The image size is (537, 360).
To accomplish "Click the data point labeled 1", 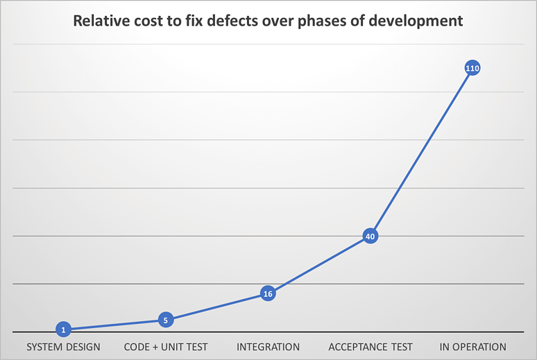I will tap(63, 329).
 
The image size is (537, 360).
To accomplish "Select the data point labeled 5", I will tap(165, 320).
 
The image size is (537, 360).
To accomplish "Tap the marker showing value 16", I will tap(268, 293).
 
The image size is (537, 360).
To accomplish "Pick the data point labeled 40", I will tap(370, 237).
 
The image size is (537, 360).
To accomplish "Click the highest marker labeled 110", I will tap(472, 68).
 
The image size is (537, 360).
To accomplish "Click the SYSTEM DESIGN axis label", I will tap(63, 347).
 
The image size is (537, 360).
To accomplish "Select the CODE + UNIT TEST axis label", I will tap(165, 347).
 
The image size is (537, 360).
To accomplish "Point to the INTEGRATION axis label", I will tap(268, 347).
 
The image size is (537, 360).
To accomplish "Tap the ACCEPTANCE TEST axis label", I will tap(370, 347).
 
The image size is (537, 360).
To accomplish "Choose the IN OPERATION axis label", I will tap(472, 347).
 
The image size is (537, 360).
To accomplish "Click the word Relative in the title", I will tap(100, 21).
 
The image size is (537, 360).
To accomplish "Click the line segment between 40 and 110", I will tap(421, 153).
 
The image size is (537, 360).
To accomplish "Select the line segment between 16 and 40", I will tap(319, 265).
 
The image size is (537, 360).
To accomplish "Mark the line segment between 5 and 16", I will tap(216, 307).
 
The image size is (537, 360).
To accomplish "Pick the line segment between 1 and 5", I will tap(114, 325).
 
